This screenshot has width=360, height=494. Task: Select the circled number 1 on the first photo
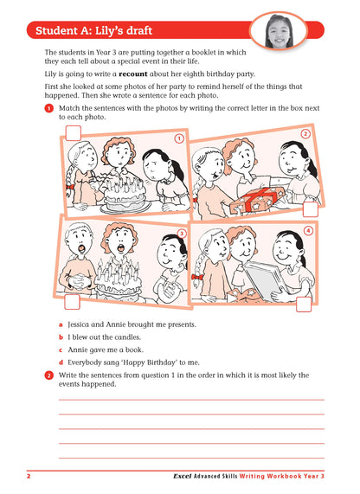(x=178, y=138)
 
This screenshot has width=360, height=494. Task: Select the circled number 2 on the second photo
(x=305, y=134)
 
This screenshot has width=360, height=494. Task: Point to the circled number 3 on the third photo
(x=182, y=233)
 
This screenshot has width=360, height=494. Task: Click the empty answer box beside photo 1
(x=74, y=132)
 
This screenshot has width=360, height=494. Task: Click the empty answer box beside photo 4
(x=304, y=303)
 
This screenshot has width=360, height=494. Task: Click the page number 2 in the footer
(x=29, y=477)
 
